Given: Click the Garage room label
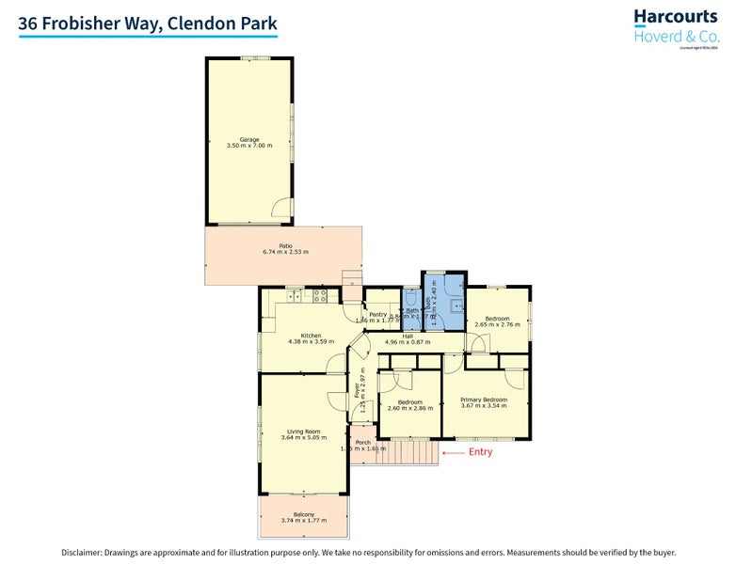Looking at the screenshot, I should coord(249,140).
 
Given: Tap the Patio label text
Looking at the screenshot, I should coord(285,246).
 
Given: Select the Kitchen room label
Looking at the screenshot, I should coord(311,336).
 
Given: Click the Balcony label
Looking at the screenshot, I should coord(303,514).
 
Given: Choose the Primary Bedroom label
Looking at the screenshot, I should coord(484,399).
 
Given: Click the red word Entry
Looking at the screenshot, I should coord(480,452).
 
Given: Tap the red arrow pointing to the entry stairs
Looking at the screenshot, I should coord(454,452).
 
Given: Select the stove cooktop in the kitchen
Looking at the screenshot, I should coord(319,295).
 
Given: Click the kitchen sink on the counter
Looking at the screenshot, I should coord(292,296).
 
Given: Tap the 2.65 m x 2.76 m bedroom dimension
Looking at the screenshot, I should coord(498,325).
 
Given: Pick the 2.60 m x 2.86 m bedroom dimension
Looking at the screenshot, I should coord(408,409).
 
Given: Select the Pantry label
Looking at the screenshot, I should coord(378,315).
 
